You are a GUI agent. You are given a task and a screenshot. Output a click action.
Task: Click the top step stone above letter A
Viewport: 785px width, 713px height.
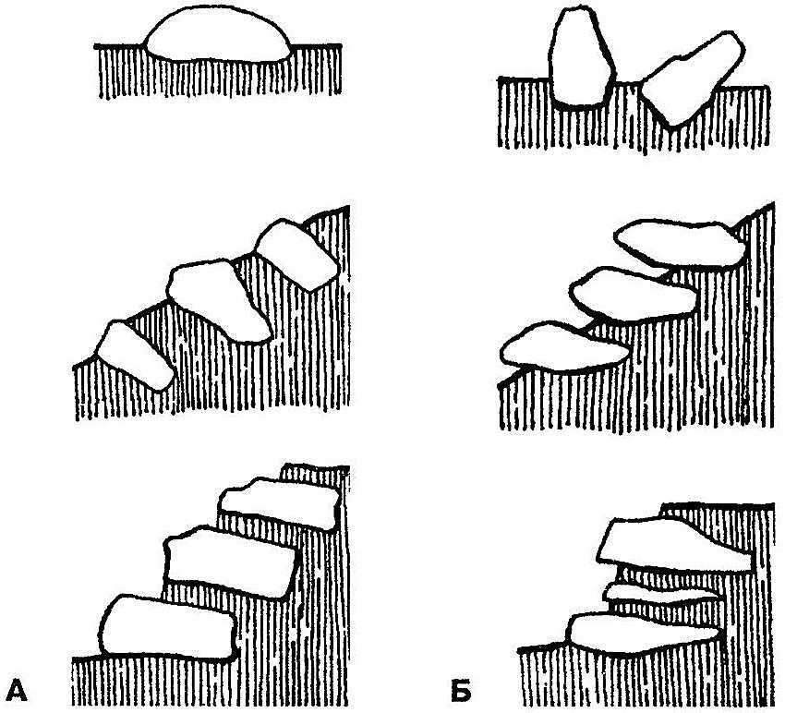[x=278, y=503]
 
